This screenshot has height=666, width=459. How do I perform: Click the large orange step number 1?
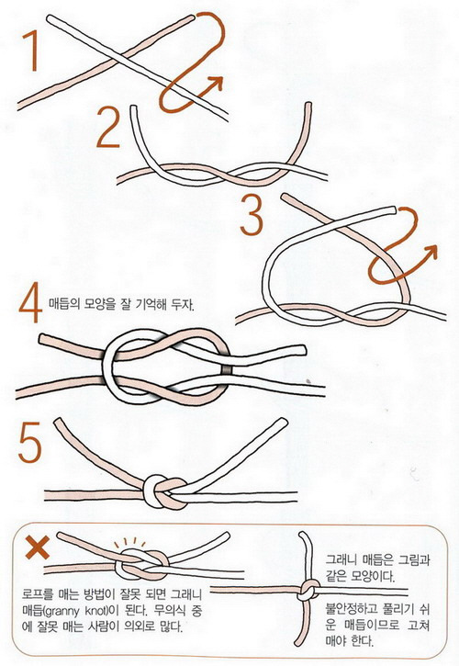coord(31,51)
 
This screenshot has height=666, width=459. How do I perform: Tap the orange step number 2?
coord(108,127)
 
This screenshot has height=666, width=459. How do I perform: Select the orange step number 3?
coord(252,214)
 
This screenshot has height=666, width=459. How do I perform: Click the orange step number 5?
coord(29,442)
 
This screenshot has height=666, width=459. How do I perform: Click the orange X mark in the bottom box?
coord(38,547)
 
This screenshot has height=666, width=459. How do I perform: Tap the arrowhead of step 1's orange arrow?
coord(216,83)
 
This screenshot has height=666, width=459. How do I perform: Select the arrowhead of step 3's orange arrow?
coord(430,252)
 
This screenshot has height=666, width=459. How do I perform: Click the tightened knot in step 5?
coord(164,491)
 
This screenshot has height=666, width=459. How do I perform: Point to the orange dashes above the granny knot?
coord(129,543)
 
